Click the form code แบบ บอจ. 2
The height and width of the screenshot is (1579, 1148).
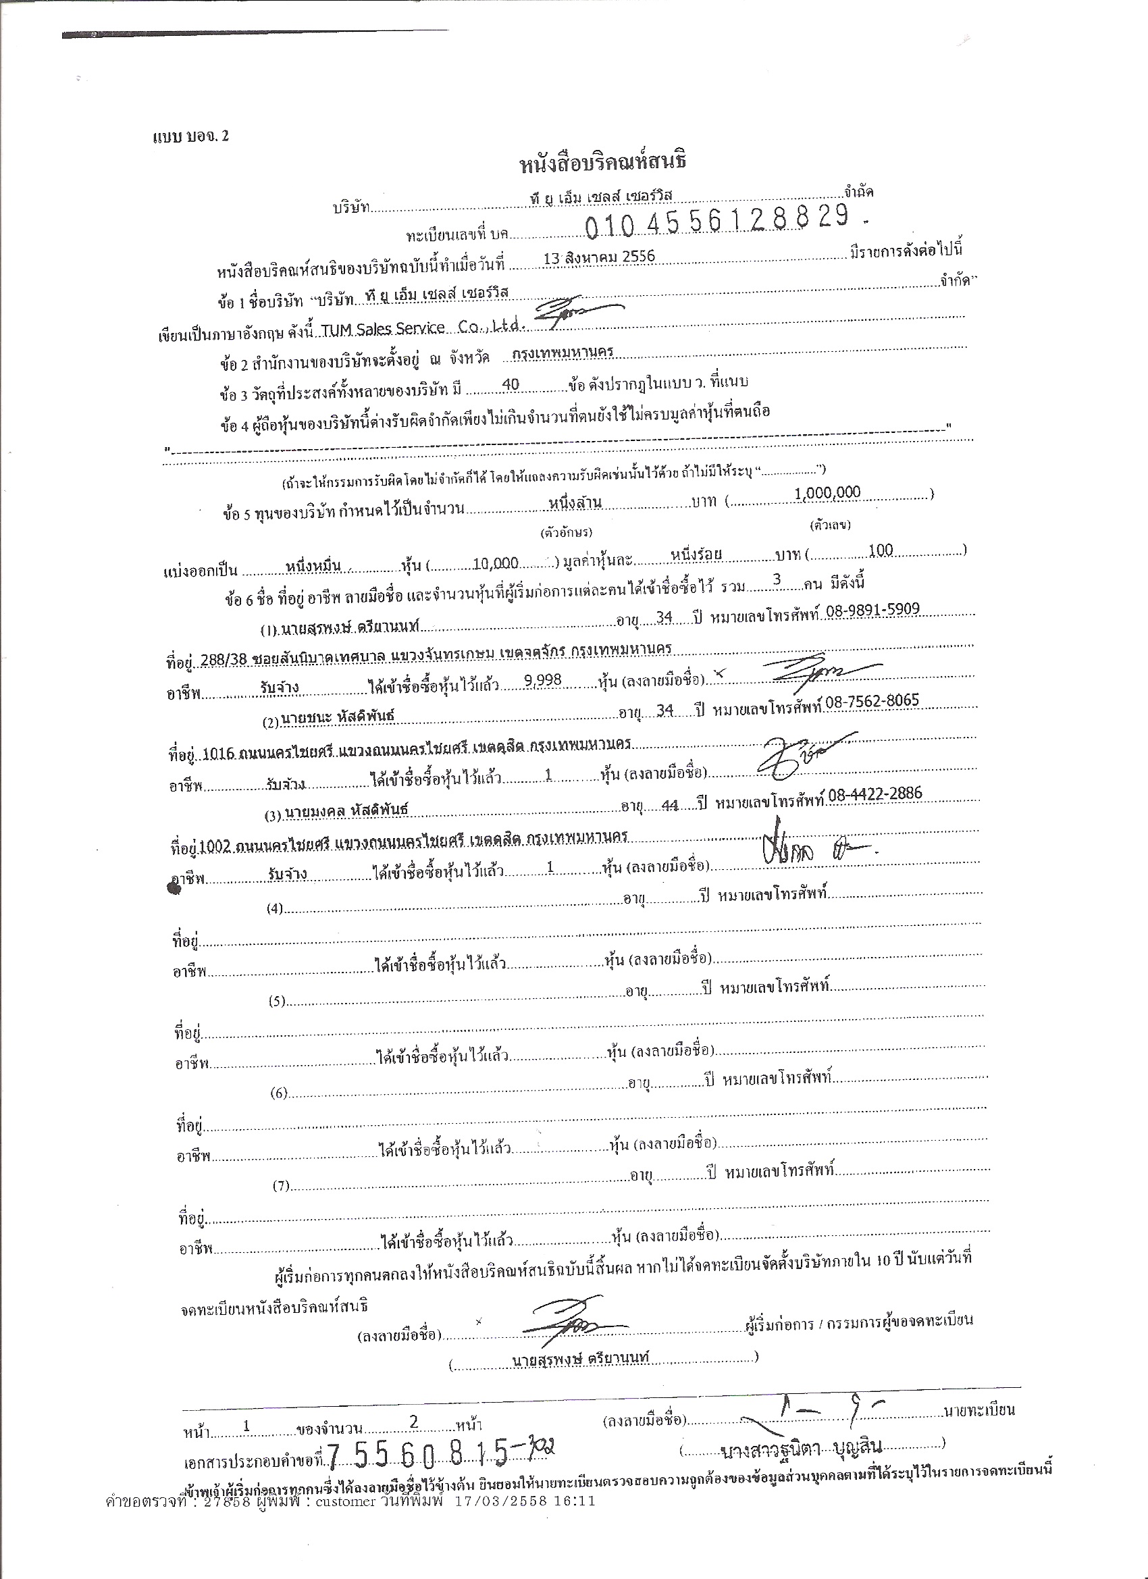click(190, 136)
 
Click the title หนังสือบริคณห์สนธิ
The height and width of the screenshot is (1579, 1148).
click(603, 163)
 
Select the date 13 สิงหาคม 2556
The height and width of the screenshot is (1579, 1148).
click(600, 257)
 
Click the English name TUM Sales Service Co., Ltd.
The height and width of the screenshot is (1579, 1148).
click(421, 328)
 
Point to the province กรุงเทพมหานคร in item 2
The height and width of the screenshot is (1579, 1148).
click(563, 353)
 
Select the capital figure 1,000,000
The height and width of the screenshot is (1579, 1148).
click(827, 493)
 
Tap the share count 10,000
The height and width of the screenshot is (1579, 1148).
click(495, 563)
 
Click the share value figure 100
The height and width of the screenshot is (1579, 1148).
click(881, 550)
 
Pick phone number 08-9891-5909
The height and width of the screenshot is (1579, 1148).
click(872, 610)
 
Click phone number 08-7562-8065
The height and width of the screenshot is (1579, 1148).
click(872, 701)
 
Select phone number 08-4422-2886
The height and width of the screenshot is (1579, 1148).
click(875, 793)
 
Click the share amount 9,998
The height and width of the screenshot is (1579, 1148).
click(543, 680)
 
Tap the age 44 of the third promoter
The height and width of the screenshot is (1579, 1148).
click(670, 806)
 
